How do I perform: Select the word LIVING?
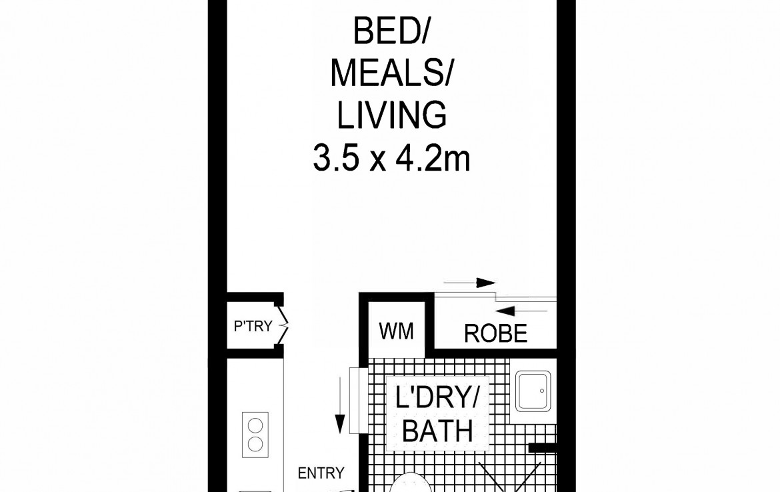click(x=391, y=115)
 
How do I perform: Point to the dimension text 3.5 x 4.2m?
click(x=391, y=158)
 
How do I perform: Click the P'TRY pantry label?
click(x=253, y=327)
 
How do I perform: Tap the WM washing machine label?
click(x=396, y=331)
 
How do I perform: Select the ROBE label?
click(x=495, y=334)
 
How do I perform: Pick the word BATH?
click(x=437, y=431)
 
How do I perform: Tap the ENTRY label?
click(x=321, y=473)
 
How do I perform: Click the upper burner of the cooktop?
click(x=255, y=427)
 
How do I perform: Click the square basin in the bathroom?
click(x=533, y=391)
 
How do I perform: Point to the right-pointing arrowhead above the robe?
click(x=485, y=283)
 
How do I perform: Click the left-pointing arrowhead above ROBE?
click(x=505, y=311)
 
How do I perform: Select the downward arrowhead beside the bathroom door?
click(x=340, y=425)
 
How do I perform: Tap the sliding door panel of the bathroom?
click(x=354, y=401)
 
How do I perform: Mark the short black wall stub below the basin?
click(x=542, y=448)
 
